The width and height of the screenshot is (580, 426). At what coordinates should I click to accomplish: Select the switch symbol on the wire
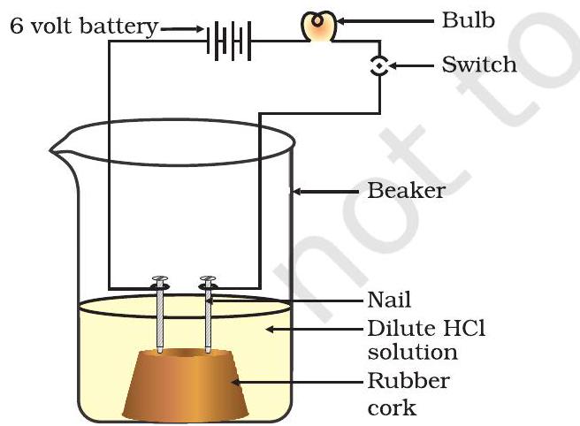[x=379, y=66]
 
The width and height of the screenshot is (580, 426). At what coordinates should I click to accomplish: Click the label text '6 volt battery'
[x=82, y=27]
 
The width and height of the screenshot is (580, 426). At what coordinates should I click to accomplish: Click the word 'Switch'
[x=478, y=65]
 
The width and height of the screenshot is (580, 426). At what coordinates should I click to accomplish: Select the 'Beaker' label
[x=406, y=191]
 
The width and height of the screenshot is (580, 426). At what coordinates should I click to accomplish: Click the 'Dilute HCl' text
[x=426, y=329]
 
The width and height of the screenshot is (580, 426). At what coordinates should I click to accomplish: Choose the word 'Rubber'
[x=408, y=381]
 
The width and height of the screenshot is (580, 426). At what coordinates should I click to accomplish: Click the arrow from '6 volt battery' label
[x=180, y=29]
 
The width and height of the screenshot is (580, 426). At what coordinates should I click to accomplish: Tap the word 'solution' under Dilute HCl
[x=413, y=353]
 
